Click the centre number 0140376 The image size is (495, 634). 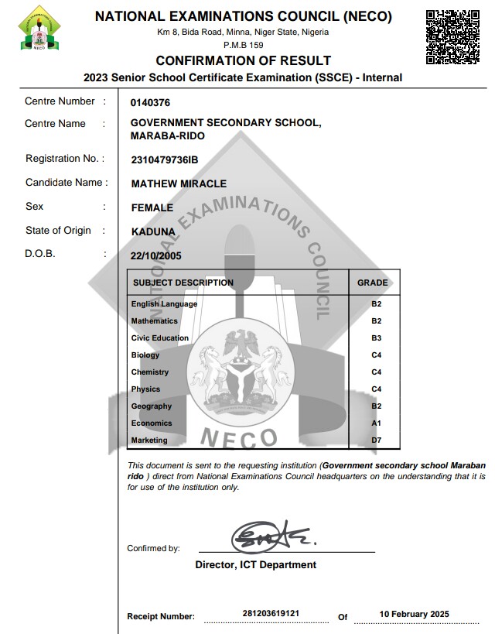pyautogui.click(x=151, y=102)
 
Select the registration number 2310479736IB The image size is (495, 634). pyautogui.click(x=165, y=159)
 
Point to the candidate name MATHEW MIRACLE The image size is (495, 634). pyautogui.click(x=179, y=183)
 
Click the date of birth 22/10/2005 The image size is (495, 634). pyautogui.click(x=156, y=255)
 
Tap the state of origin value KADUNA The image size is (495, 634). pyautogui.click(x=153, y=231)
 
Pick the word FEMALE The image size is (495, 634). pyautogui.click(x=152, y=207)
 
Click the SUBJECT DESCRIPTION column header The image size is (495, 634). pyautogui.click(x=183, y=283)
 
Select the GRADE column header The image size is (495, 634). pyautogui.click(x=372, y=283)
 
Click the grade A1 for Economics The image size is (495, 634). pyautogui.click(x=376, y=423)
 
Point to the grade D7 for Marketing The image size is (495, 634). pyautogui.click(x=376, y=440)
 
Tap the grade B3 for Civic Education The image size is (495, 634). pyautogui.click(x=376, y=338)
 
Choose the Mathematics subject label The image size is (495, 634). pyautogui.click(x=154, y=321)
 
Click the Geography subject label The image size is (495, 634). pyautogui.click(x=152, y=406)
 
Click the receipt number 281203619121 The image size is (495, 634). pyautogui.click(x=271, y=614)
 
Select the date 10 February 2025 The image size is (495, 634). pyautogui.click(x=414, y=614)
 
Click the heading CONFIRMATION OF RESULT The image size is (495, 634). pyautogui.click(x=243, y=60)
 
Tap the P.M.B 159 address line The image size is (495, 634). pyautogui.click(x=243, y=45)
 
